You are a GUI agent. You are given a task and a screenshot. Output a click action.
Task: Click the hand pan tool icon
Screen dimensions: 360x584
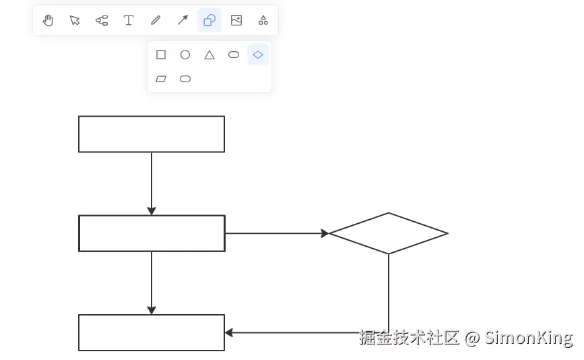(48, 20)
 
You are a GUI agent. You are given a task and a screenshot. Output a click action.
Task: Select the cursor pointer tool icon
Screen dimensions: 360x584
(75, 20)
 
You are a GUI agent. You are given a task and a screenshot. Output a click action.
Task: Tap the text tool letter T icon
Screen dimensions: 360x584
(129, 20)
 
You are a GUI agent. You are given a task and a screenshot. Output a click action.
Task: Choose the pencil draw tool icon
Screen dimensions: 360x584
(156, 20)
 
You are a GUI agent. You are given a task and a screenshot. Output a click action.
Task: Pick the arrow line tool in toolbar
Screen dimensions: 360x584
(183, 20)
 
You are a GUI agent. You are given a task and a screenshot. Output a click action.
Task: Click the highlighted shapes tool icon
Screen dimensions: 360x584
(209, 20)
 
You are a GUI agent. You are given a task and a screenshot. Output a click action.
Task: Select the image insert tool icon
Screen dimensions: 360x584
(236, 20)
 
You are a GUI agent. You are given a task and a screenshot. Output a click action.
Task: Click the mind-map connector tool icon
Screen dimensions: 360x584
(102, 20)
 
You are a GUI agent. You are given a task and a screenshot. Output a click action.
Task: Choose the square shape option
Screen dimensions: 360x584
(161, 55)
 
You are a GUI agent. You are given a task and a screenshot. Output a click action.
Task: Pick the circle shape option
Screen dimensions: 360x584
(185, 55)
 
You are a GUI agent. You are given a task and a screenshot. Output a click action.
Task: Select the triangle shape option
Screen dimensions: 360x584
(209, 55)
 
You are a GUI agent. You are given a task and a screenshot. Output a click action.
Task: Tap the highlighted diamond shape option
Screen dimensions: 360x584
(258, 55)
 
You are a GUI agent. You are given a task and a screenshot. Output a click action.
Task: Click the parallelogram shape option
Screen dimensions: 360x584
(161, 79)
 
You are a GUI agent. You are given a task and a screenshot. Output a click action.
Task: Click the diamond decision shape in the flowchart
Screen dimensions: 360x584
(389, 233)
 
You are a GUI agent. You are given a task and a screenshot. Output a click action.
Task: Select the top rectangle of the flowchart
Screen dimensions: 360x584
(152, 134)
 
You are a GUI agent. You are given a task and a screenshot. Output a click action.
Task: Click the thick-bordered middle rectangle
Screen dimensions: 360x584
(152, 233)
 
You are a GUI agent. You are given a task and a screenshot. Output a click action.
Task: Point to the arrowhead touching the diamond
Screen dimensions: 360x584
(325, 233)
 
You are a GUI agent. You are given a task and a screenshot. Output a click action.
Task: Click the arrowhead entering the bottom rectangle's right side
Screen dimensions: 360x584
(229, 332)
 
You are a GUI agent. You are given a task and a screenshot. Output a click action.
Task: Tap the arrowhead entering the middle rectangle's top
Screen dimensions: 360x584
(152, 211)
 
